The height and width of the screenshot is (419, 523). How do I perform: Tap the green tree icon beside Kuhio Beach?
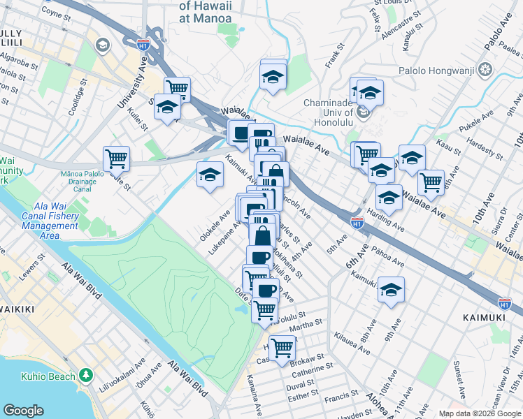tap(86, 376)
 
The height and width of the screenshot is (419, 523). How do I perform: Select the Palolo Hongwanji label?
tap(438, 70)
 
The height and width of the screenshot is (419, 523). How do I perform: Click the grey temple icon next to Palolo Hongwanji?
tap(487, 70)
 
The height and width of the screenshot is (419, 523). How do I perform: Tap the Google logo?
tap(23, 411)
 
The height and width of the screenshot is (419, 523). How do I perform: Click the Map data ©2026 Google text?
tap(479, 413)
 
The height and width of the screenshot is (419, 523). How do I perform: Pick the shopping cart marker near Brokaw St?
tap(282, 346)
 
